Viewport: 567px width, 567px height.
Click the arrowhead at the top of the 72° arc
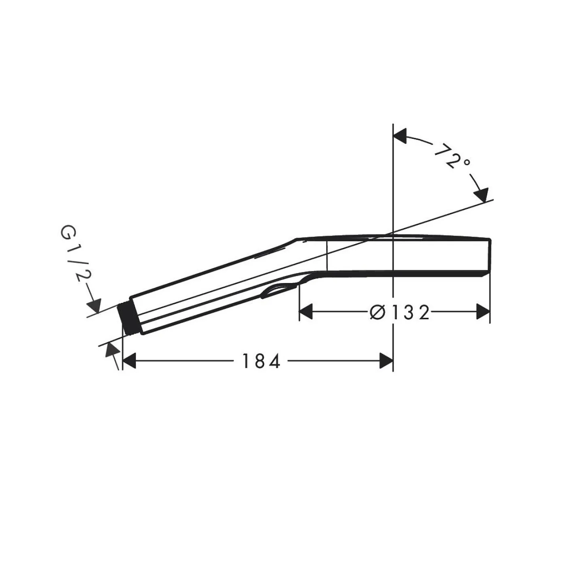[400, 136]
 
